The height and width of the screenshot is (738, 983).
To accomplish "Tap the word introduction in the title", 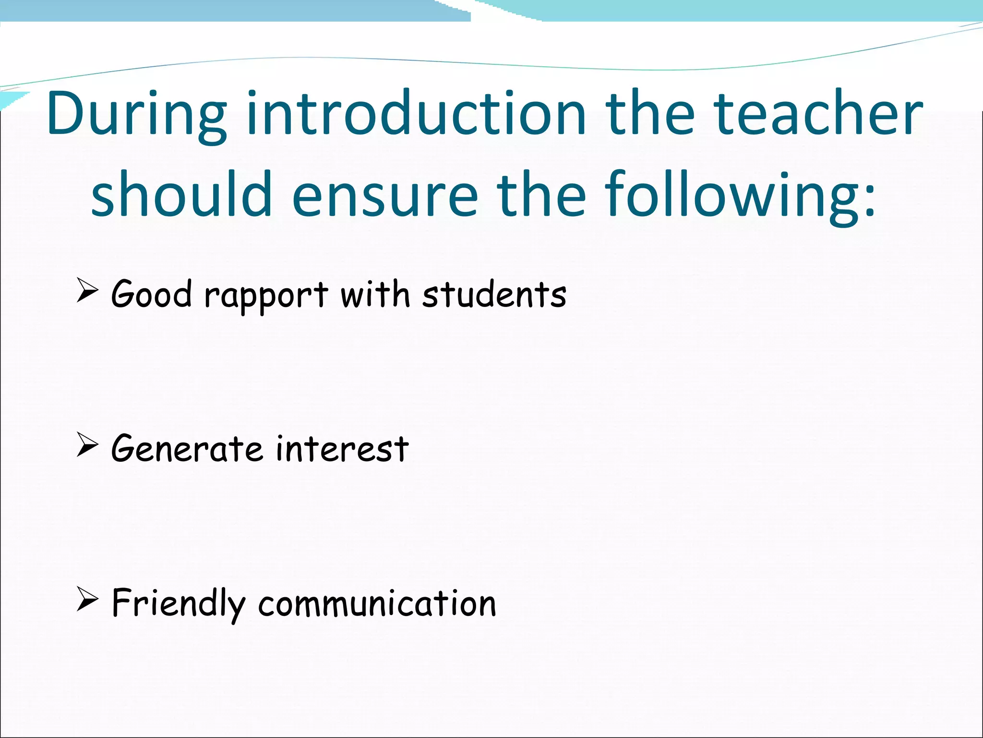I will tap(416, 113).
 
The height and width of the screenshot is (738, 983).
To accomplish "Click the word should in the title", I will tap(181, 194).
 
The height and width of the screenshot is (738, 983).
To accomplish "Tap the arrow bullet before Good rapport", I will tap(87, 291).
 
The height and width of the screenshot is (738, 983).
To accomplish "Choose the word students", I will tap(494, 295).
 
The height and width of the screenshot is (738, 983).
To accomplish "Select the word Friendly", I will tap(179, 604).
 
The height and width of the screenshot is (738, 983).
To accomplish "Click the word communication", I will tap(377, 604).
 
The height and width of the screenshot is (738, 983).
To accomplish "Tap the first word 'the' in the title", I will tap(650, 113).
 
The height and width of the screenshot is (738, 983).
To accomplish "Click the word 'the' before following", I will tap(541, 194).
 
